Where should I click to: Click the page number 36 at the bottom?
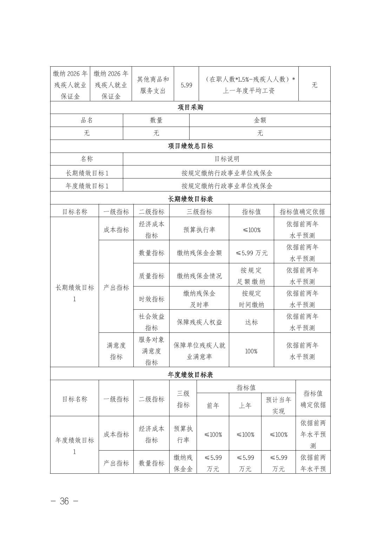(64, 501)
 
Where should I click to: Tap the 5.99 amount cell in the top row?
(186, 85)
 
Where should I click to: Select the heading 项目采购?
(190, 107)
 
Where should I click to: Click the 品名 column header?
(87, 120)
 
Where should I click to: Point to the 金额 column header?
(260, 120)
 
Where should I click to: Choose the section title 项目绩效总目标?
(190, 146)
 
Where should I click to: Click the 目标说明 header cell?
(227, 159)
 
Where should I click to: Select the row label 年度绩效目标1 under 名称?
(87, 186)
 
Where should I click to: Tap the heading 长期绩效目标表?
(190, 199)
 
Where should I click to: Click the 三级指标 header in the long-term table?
(199, 212)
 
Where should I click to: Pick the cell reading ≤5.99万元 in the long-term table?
(251, 253)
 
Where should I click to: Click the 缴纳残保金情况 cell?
(199, 276)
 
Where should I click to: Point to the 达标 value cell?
(251, 322)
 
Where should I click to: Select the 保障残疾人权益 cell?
(199, 322)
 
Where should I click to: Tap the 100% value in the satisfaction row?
(251, 351)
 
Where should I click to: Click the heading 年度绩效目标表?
(190, 375)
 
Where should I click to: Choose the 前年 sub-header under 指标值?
(213, 405)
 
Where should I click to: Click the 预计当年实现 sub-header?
(278, 405)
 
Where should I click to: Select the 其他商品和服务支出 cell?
(153, 85)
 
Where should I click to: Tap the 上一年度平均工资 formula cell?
(249, 85)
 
